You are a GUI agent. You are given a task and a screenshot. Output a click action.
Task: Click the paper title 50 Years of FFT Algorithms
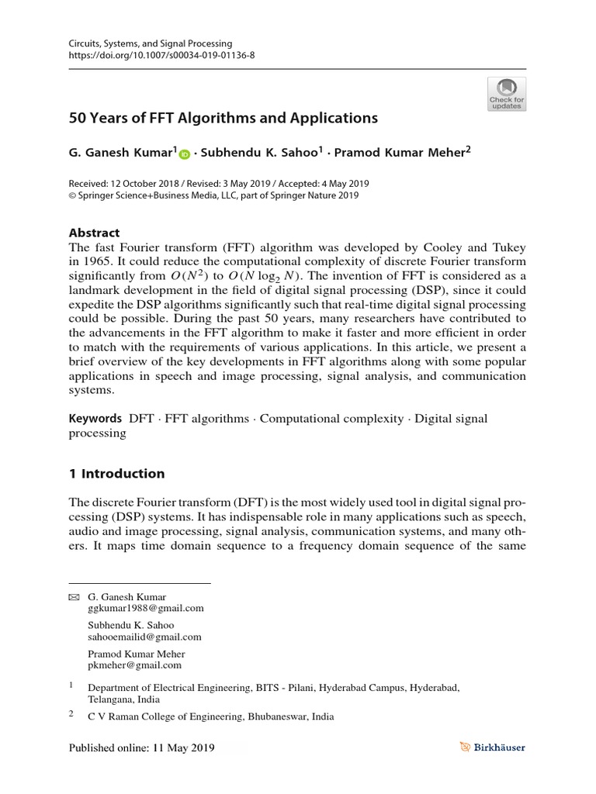pos(223,119)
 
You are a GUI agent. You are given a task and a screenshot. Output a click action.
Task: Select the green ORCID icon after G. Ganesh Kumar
pos(185,154)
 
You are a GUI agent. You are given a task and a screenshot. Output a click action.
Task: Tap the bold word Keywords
pos(95,419)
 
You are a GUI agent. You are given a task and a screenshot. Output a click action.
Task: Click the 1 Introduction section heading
pos(117,474)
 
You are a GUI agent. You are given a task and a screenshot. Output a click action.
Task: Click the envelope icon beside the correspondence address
pos(74,598)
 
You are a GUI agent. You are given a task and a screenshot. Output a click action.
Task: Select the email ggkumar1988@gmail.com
pos(146,609)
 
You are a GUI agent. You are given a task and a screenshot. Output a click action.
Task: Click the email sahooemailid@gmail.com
pos(144,637)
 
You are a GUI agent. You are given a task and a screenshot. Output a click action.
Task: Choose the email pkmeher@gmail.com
pos(135,665)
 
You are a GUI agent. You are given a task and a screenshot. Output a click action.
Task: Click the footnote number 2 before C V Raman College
pos(72,714)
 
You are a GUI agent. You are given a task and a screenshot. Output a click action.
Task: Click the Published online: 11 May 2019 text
pos(141,748)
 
